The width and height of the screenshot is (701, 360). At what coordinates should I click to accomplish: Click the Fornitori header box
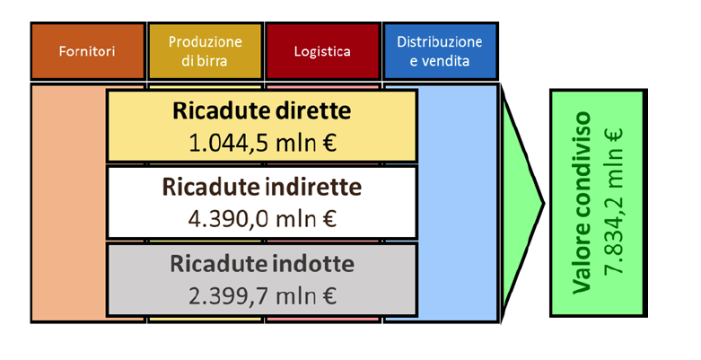(x=88, y=51)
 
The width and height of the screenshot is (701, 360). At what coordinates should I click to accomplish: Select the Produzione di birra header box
(x=206, y=51)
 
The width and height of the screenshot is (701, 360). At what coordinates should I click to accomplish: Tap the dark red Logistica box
(x=322, y=51)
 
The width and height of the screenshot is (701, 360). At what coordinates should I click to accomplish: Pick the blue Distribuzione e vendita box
(x=440, y=51)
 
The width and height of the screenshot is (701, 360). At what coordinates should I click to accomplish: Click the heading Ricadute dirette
(x=262, y=111)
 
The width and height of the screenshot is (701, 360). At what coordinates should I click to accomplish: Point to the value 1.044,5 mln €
(x=262, y=143)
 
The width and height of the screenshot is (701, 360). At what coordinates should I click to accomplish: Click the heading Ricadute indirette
(x=262, y=187)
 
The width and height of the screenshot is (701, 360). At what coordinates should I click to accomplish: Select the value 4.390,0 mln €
(x=262, y=219)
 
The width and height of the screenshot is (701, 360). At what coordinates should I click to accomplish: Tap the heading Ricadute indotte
(x=262, y=264)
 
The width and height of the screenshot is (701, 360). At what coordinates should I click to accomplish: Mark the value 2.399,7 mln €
(x=262, y=296)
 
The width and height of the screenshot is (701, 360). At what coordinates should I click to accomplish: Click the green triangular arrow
(x=522, y=203)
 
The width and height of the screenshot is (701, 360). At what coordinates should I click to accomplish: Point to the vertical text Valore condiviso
(x=583, y=203)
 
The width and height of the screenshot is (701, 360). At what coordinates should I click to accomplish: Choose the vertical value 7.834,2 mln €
(x=614, y=203)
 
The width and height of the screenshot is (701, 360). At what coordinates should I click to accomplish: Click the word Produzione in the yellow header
(x=206, y=42)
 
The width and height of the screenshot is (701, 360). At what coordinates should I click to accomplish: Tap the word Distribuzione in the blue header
(x=440, y=42)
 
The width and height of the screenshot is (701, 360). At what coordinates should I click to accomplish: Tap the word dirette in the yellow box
(x=313, y=111)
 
